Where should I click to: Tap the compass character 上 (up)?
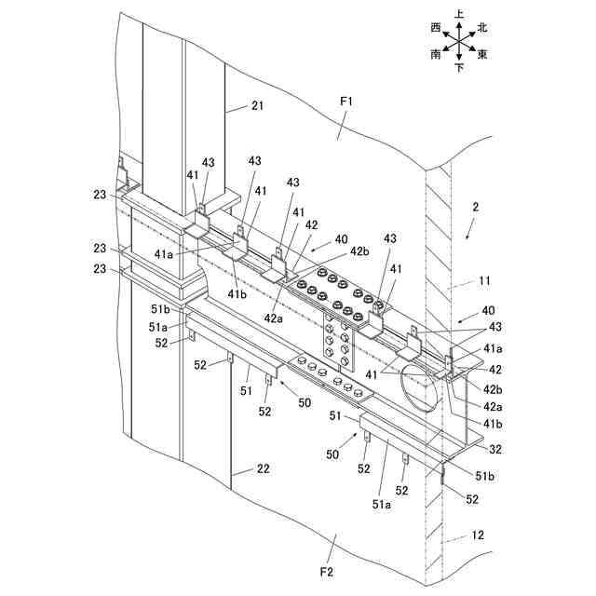[460, 15]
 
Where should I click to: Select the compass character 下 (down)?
[459, 69]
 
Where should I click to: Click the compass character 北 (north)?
[482, 28]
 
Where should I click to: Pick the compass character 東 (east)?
[482, 55]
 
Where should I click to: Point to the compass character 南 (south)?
[436, 55]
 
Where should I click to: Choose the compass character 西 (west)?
[436, 28]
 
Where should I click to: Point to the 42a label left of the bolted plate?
[273, 318]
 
